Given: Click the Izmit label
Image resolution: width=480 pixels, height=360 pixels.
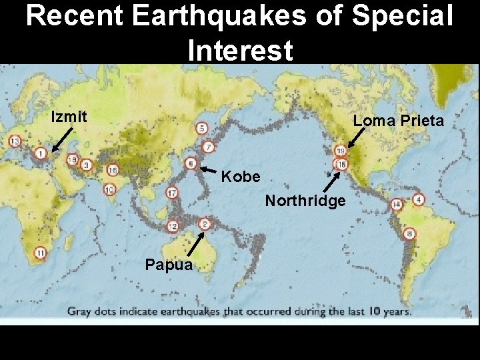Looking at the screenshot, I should pyautogui.click(x=69, y=117).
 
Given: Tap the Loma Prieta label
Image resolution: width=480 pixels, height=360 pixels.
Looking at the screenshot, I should pyautogui.click(x=398, y=121).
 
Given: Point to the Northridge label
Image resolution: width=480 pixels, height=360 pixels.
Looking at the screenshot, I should pyautogui.click(x=305, y=200).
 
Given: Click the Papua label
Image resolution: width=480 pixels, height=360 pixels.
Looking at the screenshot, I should pyautogui.click(x=169, y=265).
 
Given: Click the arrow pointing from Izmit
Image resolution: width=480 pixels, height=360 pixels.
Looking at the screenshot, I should pyautogui.click(x=63, y=141).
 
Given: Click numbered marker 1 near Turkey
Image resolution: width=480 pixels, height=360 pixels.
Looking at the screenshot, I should pyautogui.click(x=41, y=154).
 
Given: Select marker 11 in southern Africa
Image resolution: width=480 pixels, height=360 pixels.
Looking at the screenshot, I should pyautogui.click(x=41, y=253).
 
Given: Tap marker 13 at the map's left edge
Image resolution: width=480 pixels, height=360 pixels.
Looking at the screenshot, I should pyautogui.click(x=15, y=141).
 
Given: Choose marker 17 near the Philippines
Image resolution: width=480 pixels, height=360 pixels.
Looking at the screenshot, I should pyautogui.click(x=172, y=193).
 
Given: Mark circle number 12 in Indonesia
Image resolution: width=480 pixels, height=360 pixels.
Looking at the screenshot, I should pyautogui.click(x=173, y=226).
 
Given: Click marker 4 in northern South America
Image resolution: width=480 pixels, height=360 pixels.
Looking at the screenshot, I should pyautogui.click(x=419, y=199).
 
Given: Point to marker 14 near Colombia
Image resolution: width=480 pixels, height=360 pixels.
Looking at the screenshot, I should pyautogui.click(x=397, y=204).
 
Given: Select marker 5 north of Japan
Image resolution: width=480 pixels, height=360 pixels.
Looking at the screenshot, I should pyautogui.click(x=201, y=128).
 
